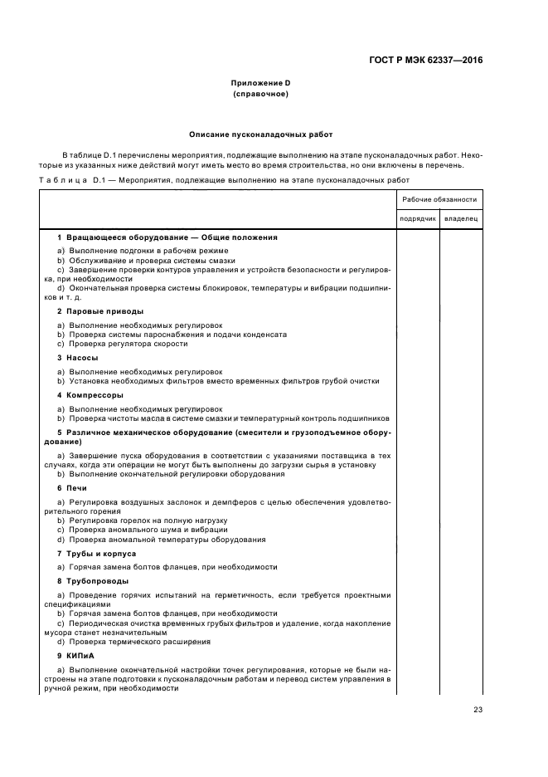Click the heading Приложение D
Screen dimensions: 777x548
260,84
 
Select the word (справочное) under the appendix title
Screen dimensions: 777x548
260,94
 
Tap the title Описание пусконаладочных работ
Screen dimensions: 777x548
260,134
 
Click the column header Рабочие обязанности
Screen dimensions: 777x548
439,199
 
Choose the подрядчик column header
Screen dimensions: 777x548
417,218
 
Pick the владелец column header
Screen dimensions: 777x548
461,218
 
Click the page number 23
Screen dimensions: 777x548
478,708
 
